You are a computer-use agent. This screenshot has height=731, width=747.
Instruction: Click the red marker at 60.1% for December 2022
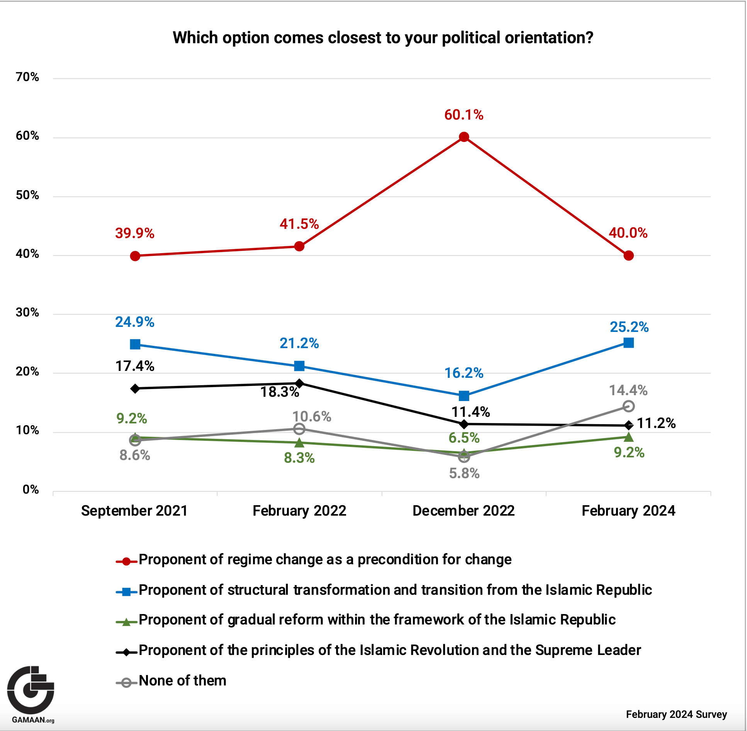pyautogui.click(x=464, y=137)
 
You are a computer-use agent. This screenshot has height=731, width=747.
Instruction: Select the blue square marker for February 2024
pyautogui.click(x=628, y=343)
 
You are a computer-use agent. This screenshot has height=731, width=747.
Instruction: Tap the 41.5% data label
pyautogui.click(x=299, y=224)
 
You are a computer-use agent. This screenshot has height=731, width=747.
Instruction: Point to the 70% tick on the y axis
pyautogui.click(x=27, y=77)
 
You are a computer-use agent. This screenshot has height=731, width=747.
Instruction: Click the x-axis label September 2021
pyautogui.click(x=134, y=511)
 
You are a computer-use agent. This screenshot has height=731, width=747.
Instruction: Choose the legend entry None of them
pyautogui.click(x=182, y=680)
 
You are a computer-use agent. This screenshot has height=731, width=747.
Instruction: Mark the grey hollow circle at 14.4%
pyautogui.click(x=628, y=406)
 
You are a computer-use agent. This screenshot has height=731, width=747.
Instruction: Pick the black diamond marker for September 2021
pyautogui.click(x=135, y=388)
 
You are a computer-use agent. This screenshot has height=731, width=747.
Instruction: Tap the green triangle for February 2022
pyautogui.click(x=299, y=443)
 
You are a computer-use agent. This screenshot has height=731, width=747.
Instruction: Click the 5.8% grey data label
pyautogui.click(x=464, y=473)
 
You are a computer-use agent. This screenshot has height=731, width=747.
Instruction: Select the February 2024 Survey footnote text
pyautogui.click(x=676, y=714)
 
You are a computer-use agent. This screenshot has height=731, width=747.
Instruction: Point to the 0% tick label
pyautogui.click(x=31, y=490)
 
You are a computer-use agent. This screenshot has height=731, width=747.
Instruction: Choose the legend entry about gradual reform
pyautogui.click(x=377, y=620)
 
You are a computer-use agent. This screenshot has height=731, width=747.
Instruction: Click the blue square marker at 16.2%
pyautogui.click(x=464, y=396)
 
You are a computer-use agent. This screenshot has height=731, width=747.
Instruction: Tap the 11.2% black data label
pyautogui.click(x=656, y=423)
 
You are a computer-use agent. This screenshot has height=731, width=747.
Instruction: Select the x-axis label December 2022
pyautogui.click(x=463, y=511)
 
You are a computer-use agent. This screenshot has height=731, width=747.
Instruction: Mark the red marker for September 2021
pyautogui.click(x=135, y=256)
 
